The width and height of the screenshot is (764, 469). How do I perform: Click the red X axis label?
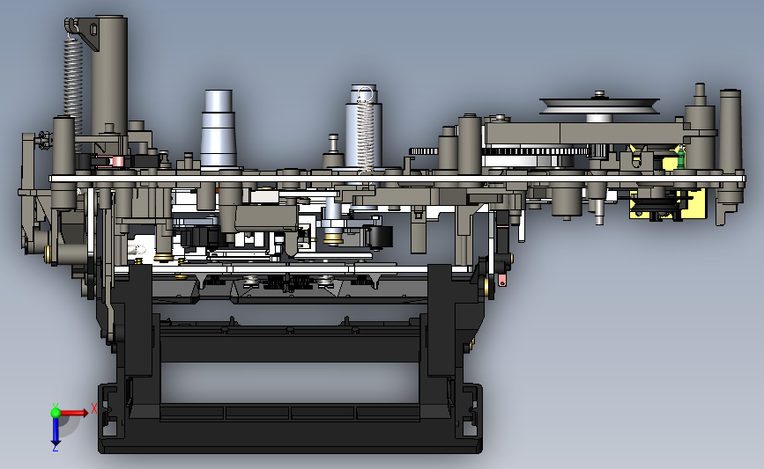94,408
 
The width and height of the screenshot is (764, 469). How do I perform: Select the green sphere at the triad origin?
56,413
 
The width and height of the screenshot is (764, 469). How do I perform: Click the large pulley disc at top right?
599,106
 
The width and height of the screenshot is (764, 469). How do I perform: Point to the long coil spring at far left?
73,88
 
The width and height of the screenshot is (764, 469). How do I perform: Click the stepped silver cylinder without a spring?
219,129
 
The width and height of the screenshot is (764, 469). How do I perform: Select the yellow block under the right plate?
667,203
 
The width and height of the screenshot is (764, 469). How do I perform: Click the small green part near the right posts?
680,159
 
